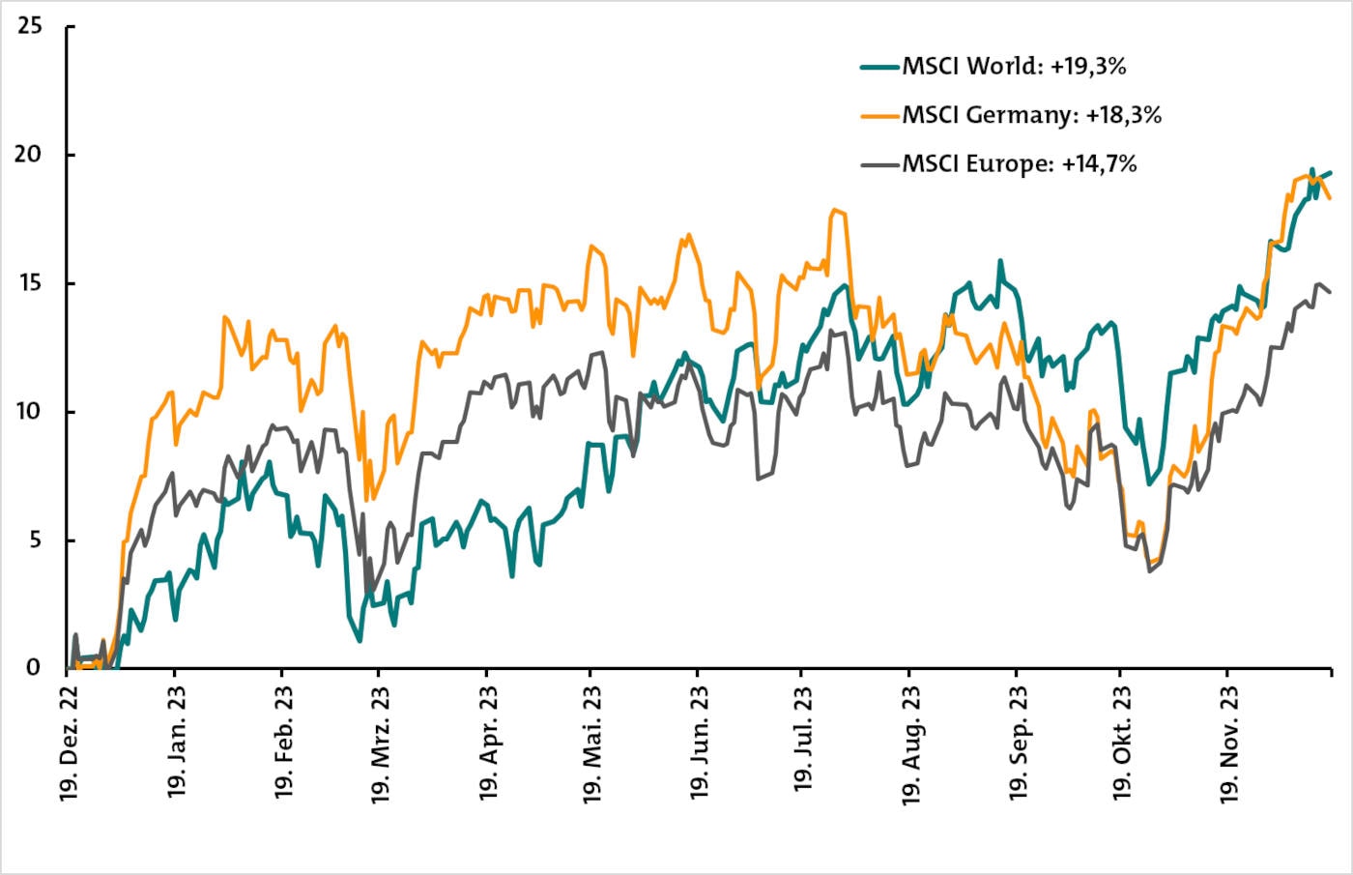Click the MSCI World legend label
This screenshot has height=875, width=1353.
point(1014,67)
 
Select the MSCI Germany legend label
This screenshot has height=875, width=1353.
point(1031,115)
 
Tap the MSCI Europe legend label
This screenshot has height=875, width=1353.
point(1019,164)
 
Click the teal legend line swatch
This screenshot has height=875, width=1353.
point(880,68)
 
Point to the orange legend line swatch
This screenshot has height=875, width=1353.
point(880,116)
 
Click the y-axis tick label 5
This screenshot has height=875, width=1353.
point(36,540)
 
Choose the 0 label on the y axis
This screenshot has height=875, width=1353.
point(36,667)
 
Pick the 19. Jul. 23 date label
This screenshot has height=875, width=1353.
point(802,740)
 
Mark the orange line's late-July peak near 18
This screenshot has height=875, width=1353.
point(835,210)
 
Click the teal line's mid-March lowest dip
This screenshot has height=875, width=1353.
point(360,640)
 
